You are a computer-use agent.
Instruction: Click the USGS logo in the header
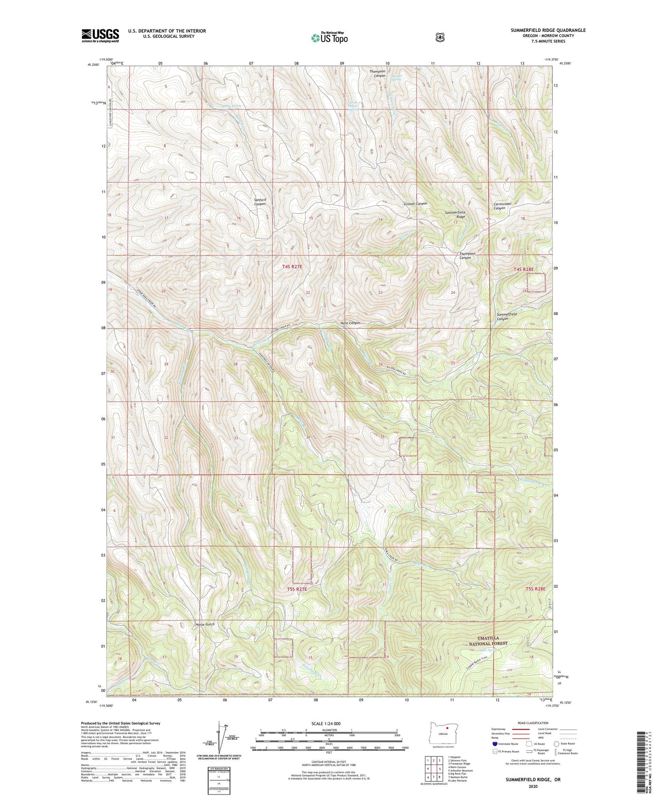point(100,35)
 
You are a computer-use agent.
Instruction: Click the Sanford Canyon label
point(260,202)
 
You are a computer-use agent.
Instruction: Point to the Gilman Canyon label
point(415,204)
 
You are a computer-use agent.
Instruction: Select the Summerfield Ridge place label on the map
point(455,215)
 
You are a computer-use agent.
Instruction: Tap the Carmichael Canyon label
point(502,206)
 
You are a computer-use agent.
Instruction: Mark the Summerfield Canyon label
point(506,316)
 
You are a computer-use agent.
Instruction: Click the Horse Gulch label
point(205,624)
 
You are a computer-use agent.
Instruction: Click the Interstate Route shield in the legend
point(494,744)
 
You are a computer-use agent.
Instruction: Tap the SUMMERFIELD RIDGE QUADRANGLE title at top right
point(548,30)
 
